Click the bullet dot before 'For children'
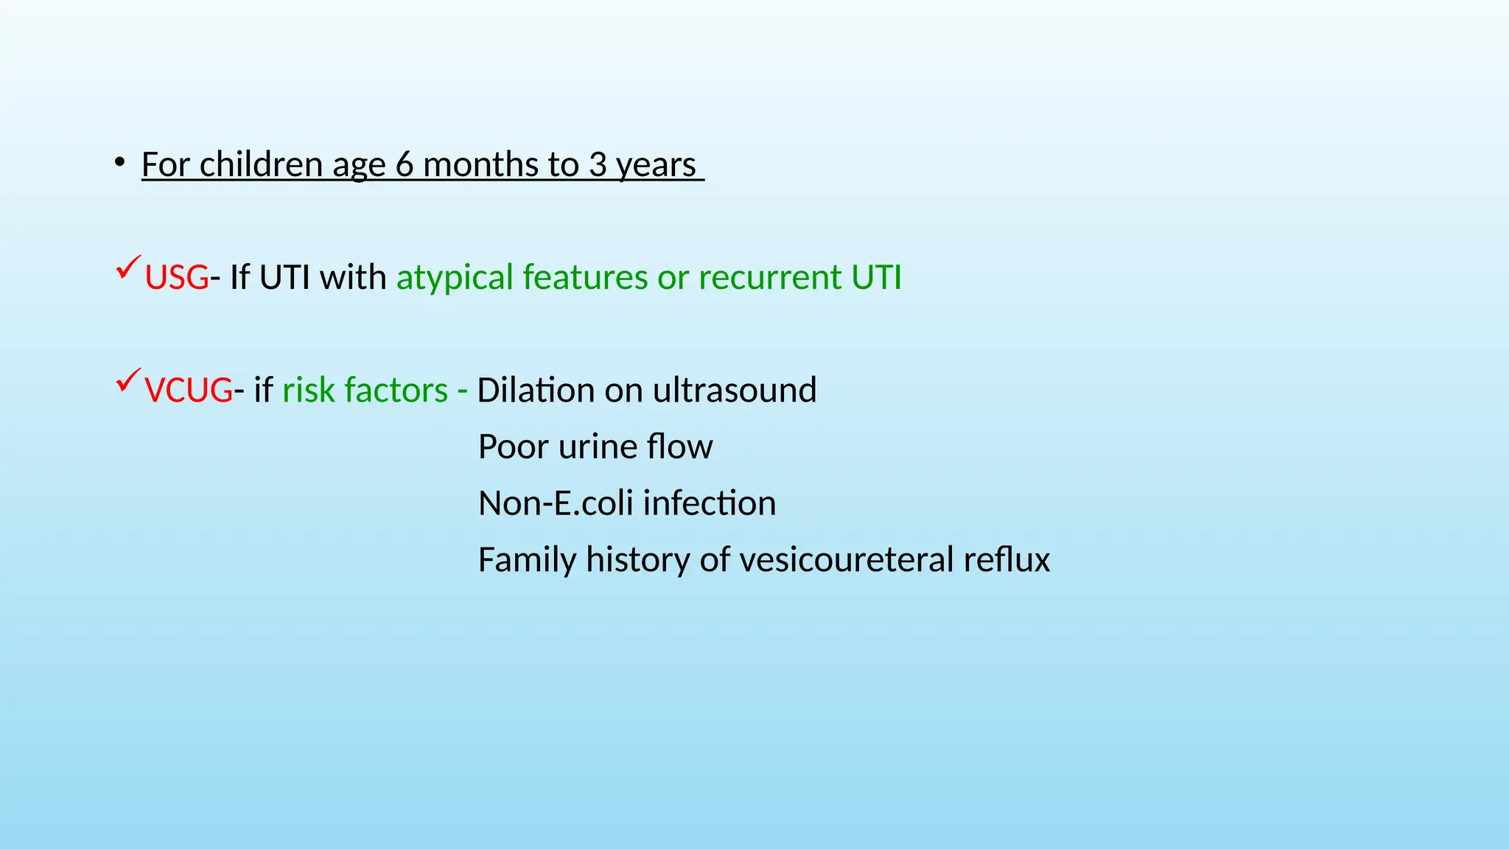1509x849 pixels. [x=119, y=163]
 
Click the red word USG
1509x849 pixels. [x=176, y=278]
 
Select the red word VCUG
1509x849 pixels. [x=189, y=391]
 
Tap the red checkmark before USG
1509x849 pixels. [x=128, y=267]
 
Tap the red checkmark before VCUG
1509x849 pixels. [x=128, y=380]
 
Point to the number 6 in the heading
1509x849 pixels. [x=405, y=164]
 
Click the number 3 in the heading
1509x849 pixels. [x=598, y=164]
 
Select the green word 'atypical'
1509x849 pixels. [x=454, y=278]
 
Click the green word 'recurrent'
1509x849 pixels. [x=769, y=278]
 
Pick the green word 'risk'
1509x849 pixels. [x=307, y=391]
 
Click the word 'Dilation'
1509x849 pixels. [x=536, y=391]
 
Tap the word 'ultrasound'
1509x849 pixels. [x=735, y=391]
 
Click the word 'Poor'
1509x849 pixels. [x=513, y=447]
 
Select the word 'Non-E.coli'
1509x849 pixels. [x=556, y=503]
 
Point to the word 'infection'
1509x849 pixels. [x=709, y=503]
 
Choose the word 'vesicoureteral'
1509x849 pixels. [x=836, y=560]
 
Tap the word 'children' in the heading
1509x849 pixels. [x=261, y=164]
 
